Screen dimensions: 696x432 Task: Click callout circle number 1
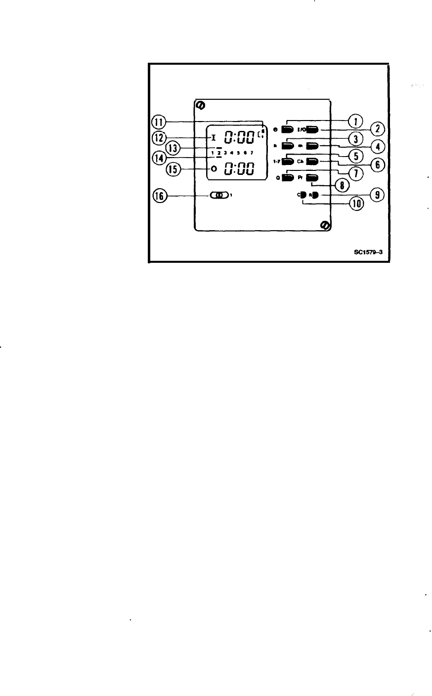pyautogui.click(x=355, y=121)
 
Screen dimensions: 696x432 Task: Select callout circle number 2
pyautogui.click(x=378, y=129)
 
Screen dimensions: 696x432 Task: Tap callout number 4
pyautogui.click(x=378, y=147)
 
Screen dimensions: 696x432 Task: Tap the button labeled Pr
pyautogui.click(x=312, y=178)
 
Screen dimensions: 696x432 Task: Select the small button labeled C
pyautogui.click(x=303, y=195)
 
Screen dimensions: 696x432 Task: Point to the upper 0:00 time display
pyautogui.click(x=240, y=136)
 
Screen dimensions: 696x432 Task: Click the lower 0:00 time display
pyautogui.click(x=240, y=169)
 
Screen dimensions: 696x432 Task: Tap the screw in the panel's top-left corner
pyautogui.click(x=201, y=105)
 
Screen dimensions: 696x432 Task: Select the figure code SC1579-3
pyautogui.click(x=368, y=252)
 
